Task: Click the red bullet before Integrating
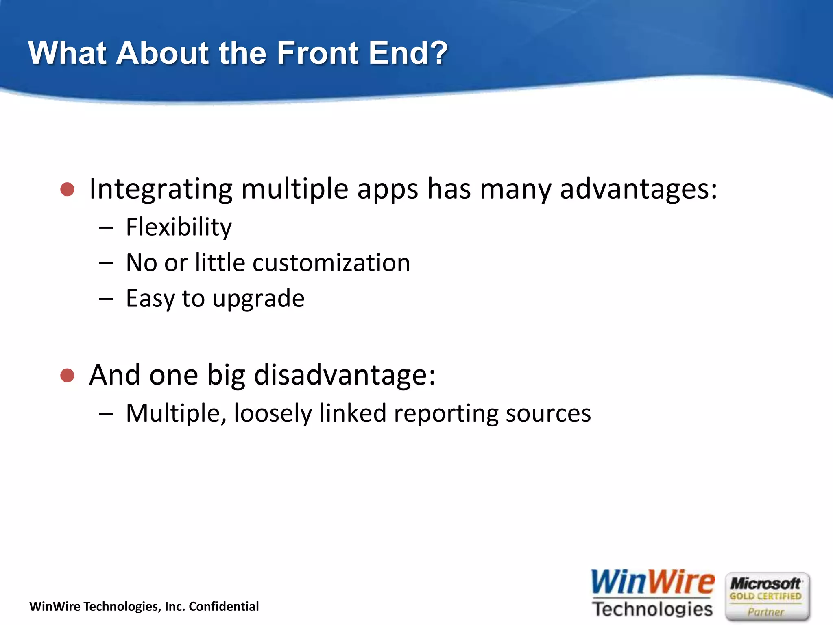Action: [67, 189]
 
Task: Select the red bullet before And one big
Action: [67, 375]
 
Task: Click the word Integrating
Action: [161, 189]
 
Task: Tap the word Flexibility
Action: [179, 227]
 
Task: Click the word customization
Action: [331, 263]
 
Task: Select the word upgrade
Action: [258, 299]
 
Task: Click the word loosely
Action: [273, 414]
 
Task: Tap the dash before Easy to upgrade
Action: [106, 299]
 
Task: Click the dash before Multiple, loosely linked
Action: [106, 414]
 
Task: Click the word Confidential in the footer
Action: [224, 606]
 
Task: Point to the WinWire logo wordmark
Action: [652, 583]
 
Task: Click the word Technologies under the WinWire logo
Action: [652, 609]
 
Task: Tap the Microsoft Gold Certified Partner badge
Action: [767, 597]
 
